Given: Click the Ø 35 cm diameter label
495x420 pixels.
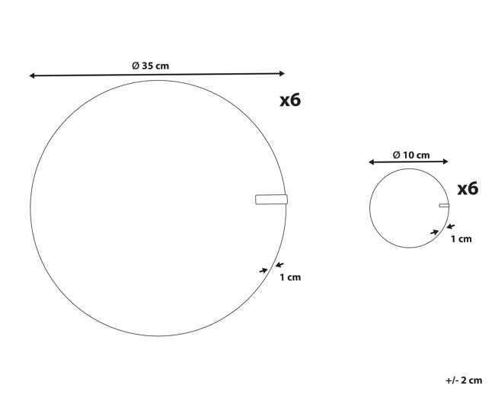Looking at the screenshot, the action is click(151, 66).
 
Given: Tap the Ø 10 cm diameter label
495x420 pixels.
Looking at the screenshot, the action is click(411, 155).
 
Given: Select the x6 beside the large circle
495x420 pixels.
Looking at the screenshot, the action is click(290, 100).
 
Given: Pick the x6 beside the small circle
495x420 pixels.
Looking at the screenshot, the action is click(468, 189).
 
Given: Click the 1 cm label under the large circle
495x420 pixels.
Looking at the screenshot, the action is click(290, 277).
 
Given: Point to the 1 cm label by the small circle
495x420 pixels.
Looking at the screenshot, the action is click(461, 239).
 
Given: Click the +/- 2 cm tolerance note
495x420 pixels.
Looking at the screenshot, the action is click(464, 380).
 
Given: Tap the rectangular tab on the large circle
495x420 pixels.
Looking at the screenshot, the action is click(272, 200).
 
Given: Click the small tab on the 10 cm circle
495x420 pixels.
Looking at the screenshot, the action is click(444, 205).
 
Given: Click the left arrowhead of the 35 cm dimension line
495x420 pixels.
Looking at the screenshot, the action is click(32, 75).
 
